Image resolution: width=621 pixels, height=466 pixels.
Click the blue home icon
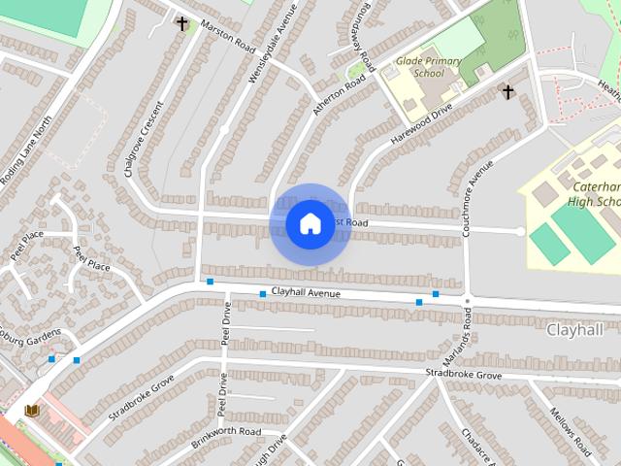tap(310, 224)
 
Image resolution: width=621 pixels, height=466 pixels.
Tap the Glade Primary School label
tap(429, 67)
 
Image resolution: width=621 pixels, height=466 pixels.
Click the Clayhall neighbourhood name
tap(575, 329)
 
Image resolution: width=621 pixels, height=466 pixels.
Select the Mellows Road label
tap(571, 432)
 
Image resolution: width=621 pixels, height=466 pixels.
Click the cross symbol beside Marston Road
tap(181, 21)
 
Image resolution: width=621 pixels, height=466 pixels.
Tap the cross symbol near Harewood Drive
tap(507, 91)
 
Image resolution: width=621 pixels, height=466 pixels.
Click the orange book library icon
tap(32, 412)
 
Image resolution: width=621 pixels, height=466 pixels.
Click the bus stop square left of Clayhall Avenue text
tap(263, 293)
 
